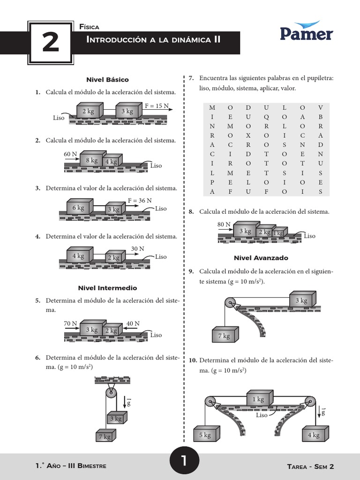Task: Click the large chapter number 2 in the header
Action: [50, 43]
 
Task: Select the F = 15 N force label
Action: [157, 106]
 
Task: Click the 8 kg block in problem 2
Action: [92, 160]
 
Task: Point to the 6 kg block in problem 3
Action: [78, 208]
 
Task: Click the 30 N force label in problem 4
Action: [137, 248]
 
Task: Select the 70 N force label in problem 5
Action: [70, 323]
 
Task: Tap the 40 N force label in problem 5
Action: [133, 323]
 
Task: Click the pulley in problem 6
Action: [111, 392]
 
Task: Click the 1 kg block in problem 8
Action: [279, 233]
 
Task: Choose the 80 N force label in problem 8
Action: [224, 225]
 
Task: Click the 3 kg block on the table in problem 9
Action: [301, 300]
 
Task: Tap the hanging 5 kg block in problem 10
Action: [205, 435]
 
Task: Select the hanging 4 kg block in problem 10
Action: [314, 435]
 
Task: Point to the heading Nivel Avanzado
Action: [261, 258]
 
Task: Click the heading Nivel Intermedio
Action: [107, 288]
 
